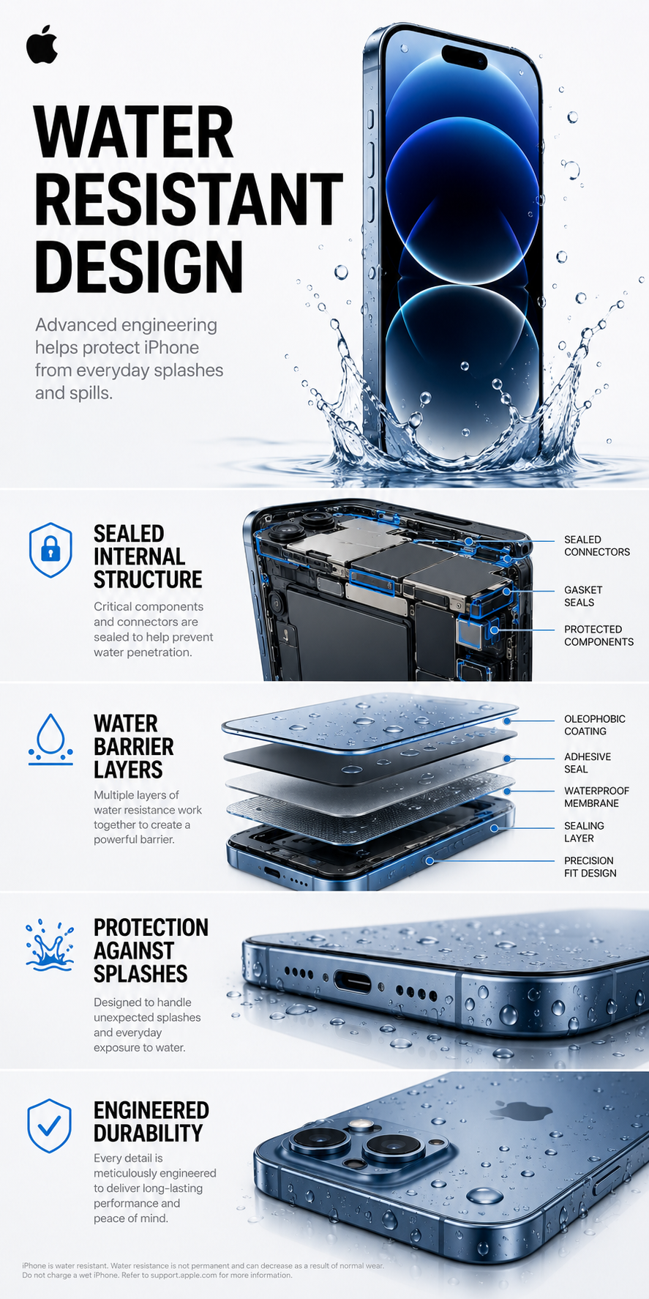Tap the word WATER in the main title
tap(134, 133)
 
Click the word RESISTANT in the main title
tap(189, 199)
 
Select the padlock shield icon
tap(50, 550)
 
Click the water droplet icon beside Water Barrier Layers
tap(50, 740)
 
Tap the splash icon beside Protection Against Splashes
tap(50, 945)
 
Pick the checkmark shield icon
tap(49, 1125)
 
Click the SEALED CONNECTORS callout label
tap(597, 546)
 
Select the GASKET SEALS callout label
tap(583, 596)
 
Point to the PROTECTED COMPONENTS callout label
tap(599, 636)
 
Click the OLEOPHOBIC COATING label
tap(594, 725)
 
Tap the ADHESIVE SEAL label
tap(587, 763)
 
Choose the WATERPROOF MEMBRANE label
tap(596, 797)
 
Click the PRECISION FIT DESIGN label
tap(590, 867)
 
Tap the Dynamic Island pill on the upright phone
tap(464, 56)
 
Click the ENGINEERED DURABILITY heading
tap(151, 1122)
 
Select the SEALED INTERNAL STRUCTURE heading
tap(148, 557)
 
